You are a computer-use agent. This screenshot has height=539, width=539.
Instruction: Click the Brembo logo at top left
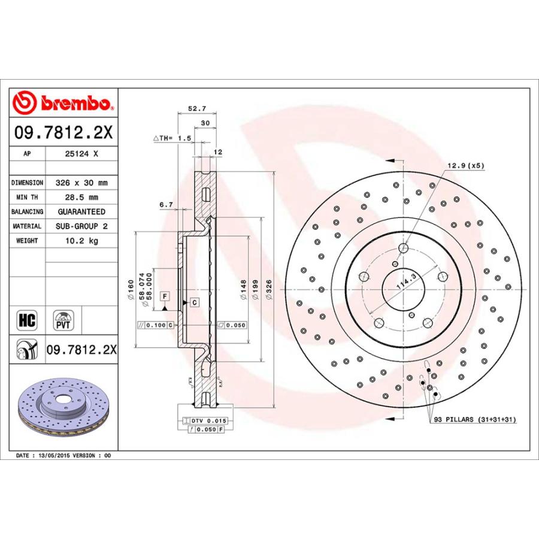pos(63,103)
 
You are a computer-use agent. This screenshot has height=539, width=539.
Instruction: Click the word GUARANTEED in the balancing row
pos(81,211)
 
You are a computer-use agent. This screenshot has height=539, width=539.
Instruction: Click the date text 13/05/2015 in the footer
pos(52,455)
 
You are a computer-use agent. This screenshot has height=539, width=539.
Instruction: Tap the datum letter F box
pos(163,296)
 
